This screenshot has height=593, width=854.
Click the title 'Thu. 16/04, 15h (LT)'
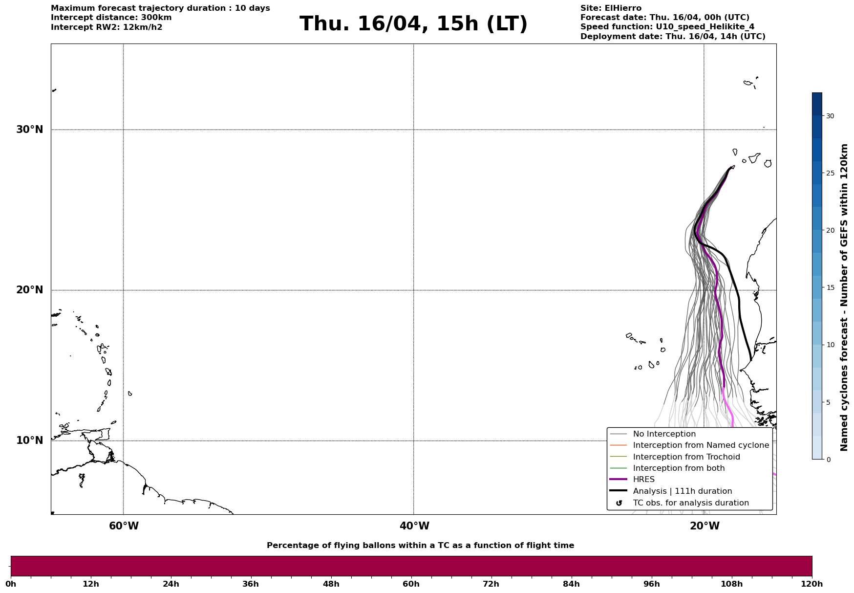[x=413, y=24]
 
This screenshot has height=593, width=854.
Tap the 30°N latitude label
[x=29, y=130]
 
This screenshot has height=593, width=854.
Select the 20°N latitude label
[x=29, y=290]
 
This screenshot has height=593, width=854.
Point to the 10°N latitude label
[x=29, y=440]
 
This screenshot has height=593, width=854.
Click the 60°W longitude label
[x=124, y=526]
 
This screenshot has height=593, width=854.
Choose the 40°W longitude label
[x=414, y=526]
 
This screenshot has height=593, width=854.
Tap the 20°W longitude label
[x=705, y=526]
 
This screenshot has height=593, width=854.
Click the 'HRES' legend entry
[x=643, y=480]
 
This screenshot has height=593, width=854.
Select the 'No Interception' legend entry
[x=664, y=434]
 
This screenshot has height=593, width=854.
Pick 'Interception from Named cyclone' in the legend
[x=701, y=445]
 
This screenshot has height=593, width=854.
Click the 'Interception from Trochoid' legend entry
[x=686, y=457]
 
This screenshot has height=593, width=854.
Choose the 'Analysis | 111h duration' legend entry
[x=682, y=491]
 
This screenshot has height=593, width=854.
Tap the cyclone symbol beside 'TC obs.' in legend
[x=619, y=503]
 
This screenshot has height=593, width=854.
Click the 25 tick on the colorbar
[x=830, y=173]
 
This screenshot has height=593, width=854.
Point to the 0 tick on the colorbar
[x=828, y=460]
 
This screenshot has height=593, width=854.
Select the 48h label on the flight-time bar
[x=331, y=584]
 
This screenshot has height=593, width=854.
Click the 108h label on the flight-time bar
[x=731, y=584]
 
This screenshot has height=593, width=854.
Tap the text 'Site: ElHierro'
[x=611, y=8]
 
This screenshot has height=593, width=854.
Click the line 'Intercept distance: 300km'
[x=111, y=18]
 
